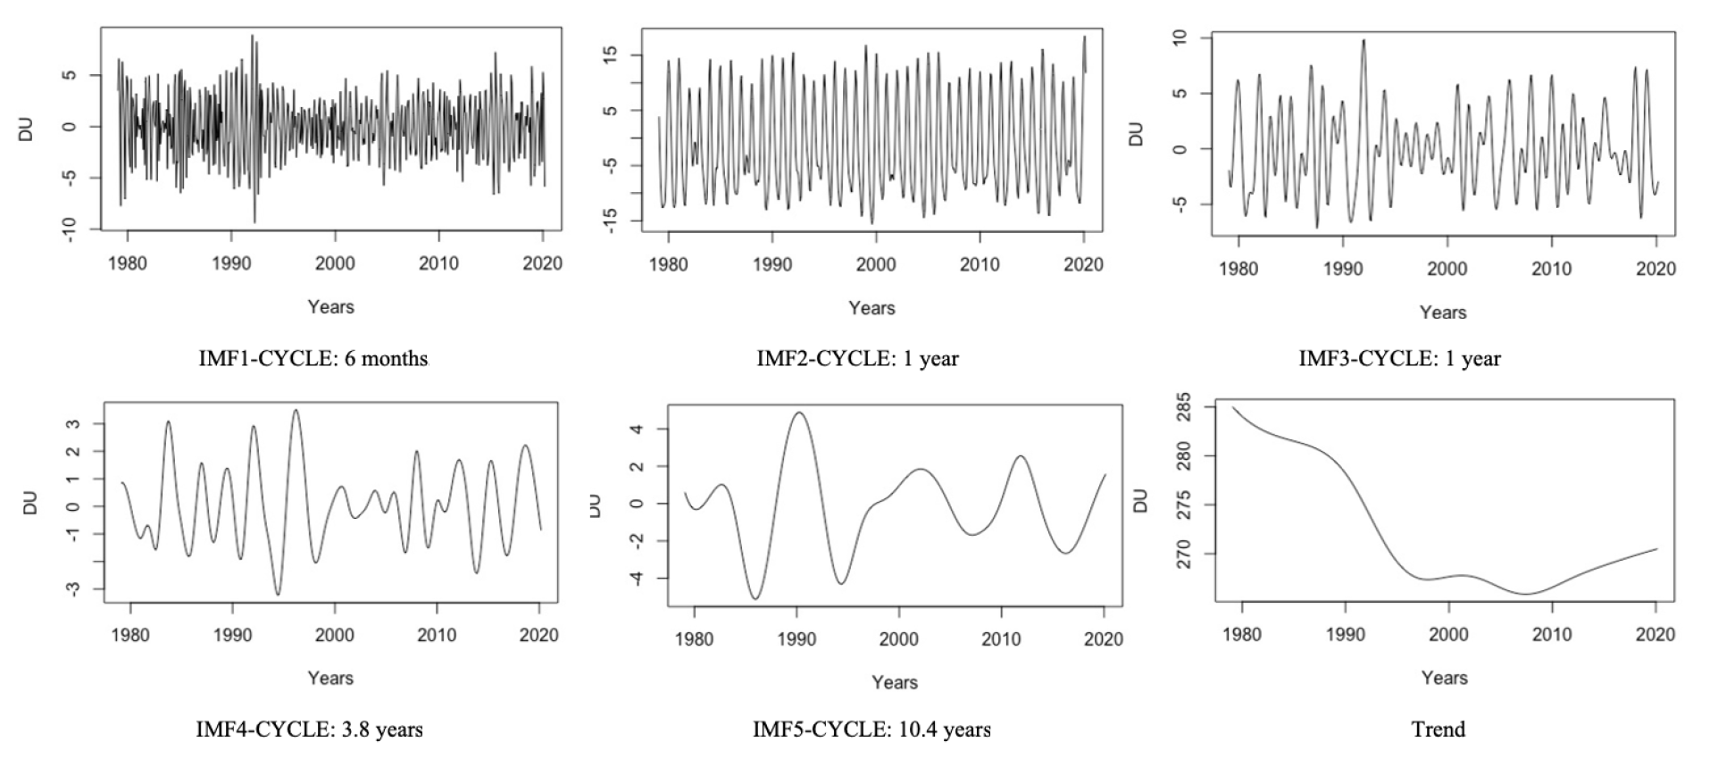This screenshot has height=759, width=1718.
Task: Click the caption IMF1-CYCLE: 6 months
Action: [313, 359]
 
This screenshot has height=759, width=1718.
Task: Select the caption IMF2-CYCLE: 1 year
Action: [857, 359]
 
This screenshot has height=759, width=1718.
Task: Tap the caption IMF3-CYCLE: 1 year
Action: [1399, 359]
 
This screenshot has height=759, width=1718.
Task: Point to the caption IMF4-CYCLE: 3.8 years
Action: [309, 730]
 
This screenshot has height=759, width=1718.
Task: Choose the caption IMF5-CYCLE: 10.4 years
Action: [872, 730]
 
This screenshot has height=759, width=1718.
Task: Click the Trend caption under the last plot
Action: [1438, 730]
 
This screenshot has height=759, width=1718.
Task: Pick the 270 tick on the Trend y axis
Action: [1184, 554]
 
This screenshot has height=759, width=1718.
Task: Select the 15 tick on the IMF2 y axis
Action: [611, 55]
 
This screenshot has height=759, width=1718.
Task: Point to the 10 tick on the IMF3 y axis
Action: [1180, 38]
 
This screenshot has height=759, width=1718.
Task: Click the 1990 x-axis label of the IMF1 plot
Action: [231, 263]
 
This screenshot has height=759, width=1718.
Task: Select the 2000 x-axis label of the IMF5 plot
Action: [898, 639]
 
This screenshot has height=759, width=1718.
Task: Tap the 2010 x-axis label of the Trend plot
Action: [1552, 635]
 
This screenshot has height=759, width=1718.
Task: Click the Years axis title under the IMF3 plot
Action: [1443, 313]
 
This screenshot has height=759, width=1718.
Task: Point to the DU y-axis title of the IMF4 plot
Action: [30, 503]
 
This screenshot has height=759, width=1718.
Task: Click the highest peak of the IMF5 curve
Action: [798, 413]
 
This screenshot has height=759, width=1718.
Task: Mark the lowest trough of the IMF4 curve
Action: [278, 594]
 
